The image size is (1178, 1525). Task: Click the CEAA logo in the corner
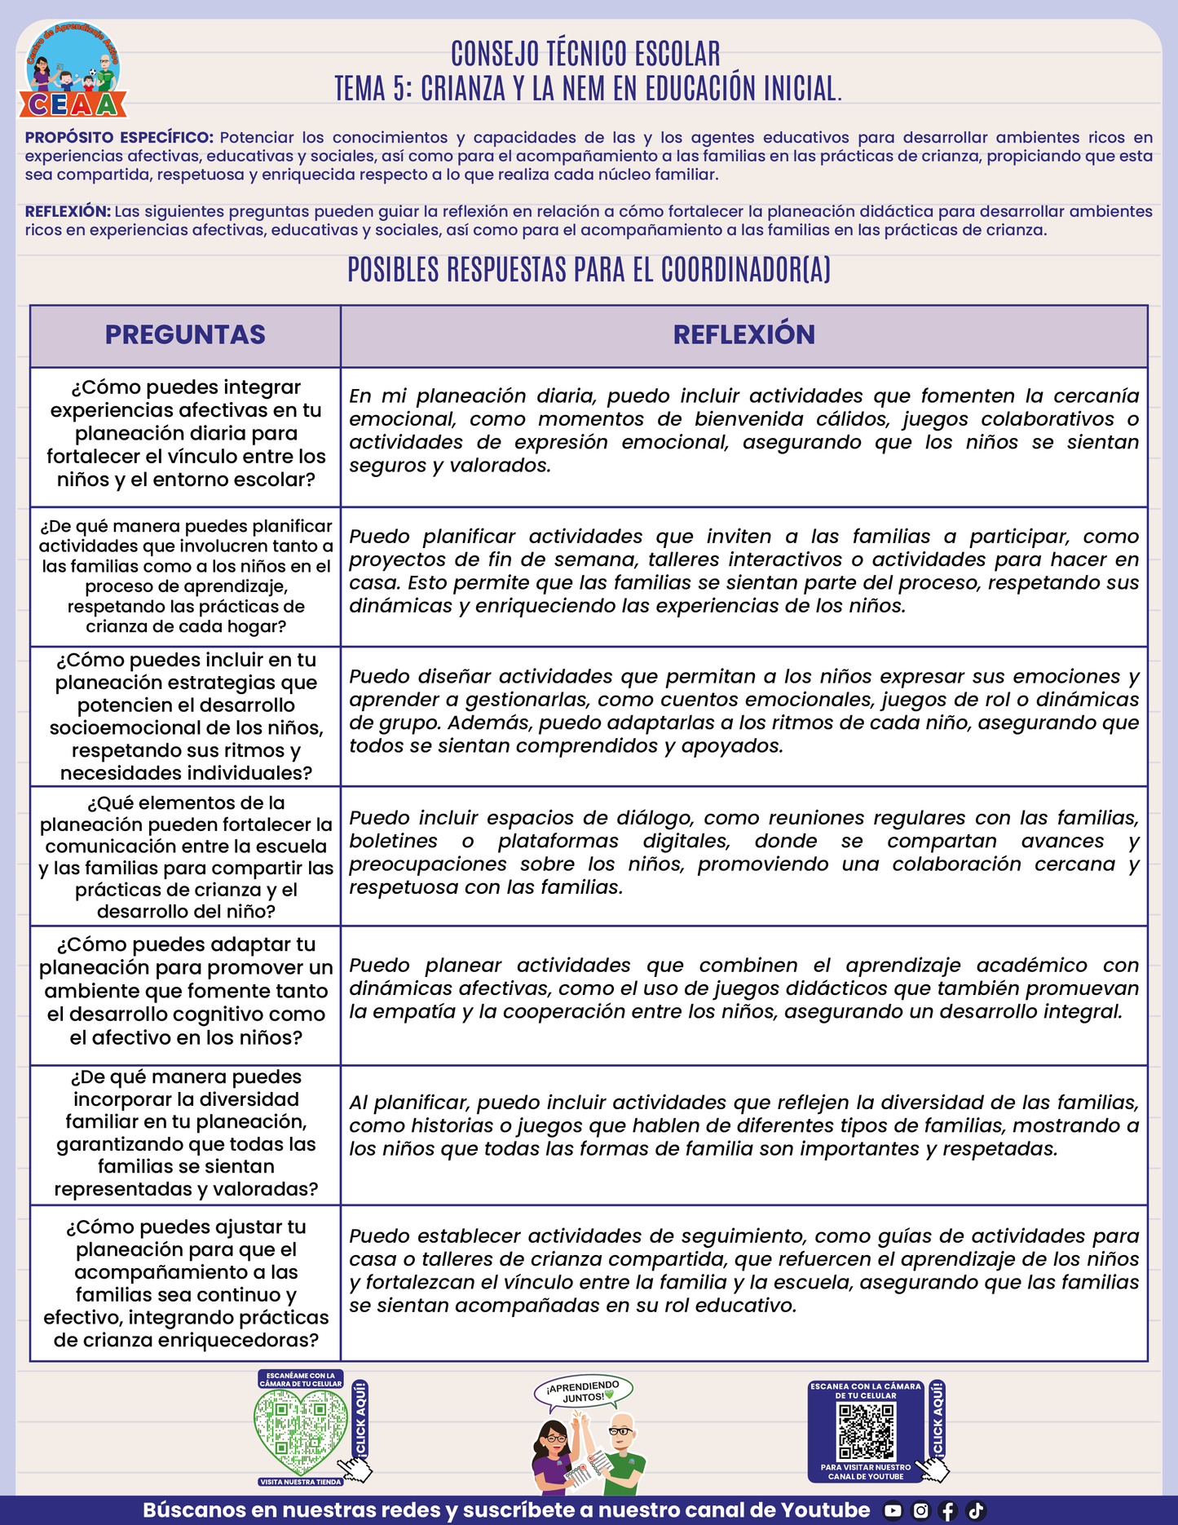point(73,72)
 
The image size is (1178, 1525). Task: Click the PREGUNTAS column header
point(185,335)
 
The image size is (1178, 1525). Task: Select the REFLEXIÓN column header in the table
point(743,335)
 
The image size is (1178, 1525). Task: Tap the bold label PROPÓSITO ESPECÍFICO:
point(119,138)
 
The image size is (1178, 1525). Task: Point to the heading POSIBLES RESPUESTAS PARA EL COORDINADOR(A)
point(589,270)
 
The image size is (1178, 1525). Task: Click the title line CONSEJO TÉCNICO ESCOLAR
point(585,55)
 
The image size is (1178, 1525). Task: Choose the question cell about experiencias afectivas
point(186,434)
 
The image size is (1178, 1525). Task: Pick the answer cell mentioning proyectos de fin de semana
point(743,572)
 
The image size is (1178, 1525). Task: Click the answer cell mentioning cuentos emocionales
point(743,711)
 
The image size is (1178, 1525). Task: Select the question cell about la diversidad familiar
point(186,1133)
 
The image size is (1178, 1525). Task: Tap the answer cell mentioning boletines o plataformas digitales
point(743,852)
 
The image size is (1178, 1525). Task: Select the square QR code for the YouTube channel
point(867,1431)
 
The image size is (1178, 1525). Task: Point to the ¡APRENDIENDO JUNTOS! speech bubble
point(583,1392)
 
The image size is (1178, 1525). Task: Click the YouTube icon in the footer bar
point(893,1510)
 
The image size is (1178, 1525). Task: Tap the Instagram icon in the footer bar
point(920,1510)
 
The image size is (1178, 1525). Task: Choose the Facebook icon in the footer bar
point(948,1510)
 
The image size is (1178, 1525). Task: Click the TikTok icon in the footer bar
point(976,1510)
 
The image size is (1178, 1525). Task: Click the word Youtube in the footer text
point(825,1510)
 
